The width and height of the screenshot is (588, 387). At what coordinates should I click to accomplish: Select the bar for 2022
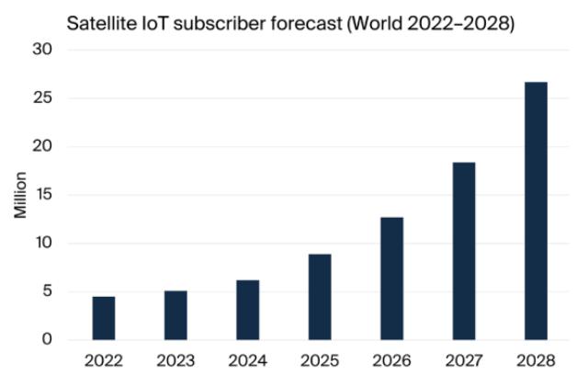tap(104, 318)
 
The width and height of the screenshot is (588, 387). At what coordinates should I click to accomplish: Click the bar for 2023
tap(175, 315)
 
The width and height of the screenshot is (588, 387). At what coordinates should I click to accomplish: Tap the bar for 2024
tap(247, 310)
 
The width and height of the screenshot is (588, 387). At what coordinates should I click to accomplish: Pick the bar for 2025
tap(320, 297)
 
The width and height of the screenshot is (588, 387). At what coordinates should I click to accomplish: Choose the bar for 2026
tap(391, 279)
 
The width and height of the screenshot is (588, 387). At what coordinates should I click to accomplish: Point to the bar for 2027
tap(463, 251)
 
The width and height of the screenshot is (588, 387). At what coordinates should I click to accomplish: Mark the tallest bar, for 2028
tap(536, 211)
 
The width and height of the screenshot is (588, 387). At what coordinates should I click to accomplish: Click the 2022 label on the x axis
tap(104, 360)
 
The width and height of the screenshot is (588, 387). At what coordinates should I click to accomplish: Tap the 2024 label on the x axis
tap(247, 360)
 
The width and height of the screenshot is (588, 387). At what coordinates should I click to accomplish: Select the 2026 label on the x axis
tap(391, 360)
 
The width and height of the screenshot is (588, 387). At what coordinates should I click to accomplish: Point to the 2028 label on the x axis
tap(536, 360)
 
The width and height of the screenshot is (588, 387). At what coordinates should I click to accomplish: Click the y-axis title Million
tap(20, 194)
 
